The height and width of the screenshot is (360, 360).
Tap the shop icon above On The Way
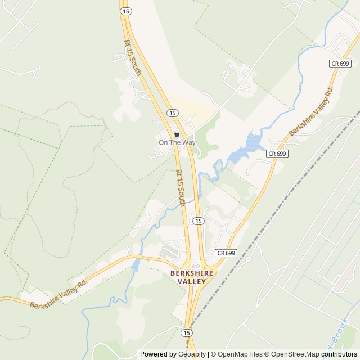pos(177,134)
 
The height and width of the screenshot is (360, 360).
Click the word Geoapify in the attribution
pos(192,354)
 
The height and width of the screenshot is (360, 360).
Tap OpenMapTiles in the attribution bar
pos(239,354)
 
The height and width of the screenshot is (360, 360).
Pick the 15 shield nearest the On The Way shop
pos(172,113)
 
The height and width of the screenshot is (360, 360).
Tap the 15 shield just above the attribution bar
pos(187,333)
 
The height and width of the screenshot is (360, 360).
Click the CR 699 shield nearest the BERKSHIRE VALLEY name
pos(226,253)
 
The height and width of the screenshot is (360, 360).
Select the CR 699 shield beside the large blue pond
pos(277,153)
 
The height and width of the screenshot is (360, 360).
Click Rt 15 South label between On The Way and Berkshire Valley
pos(181,188)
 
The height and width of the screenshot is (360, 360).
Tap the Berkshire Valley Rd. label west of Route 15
pos(59,294)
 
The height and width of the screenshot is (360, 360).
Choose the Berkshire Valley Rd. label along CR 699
pos(311,111)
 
